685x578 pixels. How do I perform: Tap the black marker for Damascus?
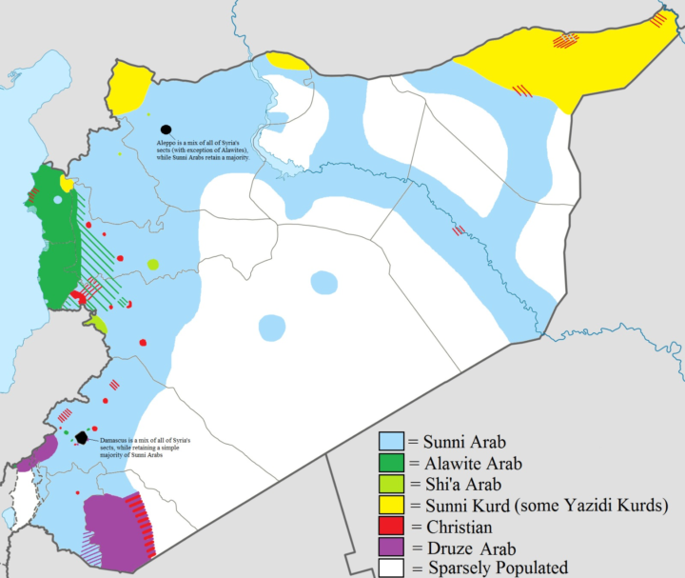82,438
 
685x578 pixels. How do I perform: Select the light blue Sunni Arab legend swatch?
391,442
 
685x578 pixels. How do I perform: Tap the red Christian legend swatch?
391,527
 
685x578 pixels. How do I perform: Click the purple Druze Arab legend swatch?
391,548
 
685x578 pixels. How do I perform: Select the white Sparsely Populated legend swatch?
391,568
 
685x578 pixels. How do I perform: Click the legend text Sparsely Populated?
495,568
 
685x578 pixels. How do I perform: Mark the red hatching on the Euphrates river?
459,230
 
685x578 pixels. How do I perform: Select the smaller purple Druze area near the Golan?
48,446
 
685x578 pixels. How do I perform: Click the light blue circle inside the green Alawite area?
58,200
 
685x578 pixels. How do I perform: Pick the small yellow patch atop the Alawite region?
66,183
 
